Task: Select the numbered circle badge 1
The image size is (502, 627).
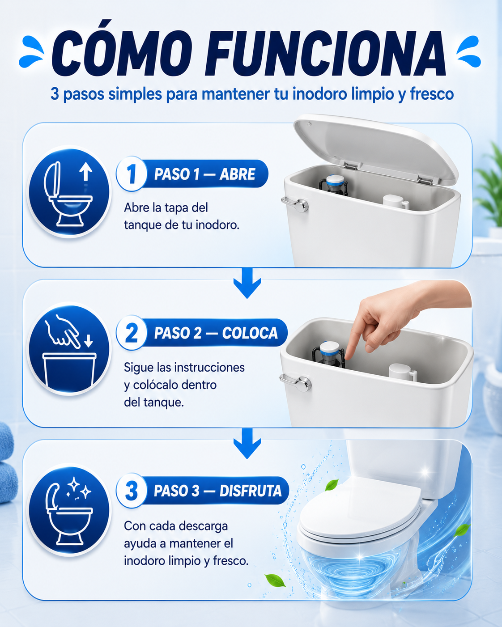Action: [x=132, y=174]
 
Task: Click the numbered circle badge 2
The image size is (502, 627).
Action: [x=132, y=332]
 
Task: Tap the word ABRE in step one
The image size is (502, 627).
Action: [x=237, y=174]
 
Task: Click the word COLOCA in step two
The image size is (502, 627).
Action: [x=250, y=333]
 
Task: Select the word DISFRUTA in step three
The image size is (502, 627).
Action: [x=251, y=491]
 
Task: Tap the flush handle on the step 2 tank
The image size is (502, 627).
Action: [x=295, y=382]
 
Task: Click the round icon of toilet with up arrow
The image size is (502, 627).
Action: [x=69, y=192]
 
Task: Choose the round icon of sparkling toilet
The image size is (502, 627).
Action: [x=69, y=510]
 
